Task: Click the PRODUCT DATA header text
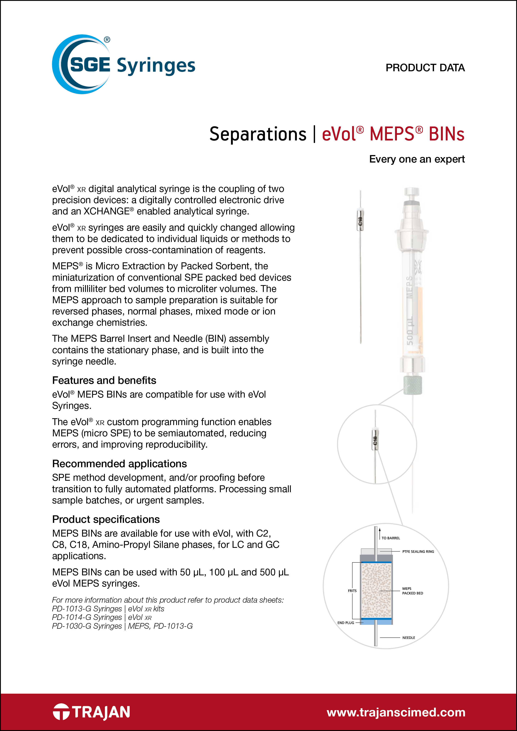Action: tap(425, 68)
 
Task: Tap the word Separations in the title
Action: tap(258, 134)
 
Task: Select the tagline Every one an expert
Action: tap(417, 159)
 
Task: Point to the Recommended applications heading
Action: tap(119, 464)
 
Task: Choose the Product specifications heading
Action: tap(106, 519)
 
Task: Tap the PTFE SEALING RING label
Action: tap(418, 551)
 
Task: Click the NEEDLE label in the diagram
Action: tap(408, 638)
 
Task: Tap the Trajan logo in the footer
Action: tap(92, 712)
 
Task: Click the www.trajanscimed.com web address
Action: tap(396, 712)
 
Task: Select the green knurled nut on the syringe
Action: tap(413, 385)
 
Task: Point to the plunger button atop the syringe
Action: tap(412, 192)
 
